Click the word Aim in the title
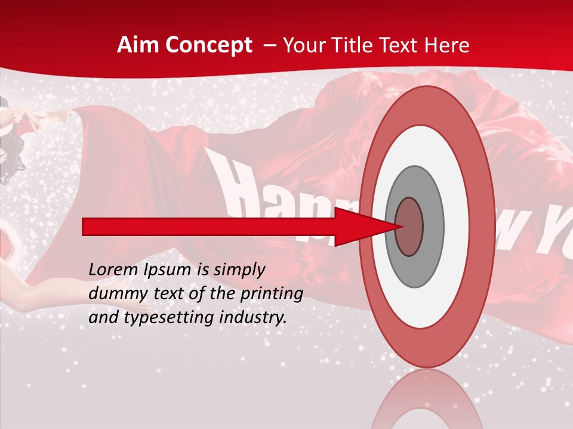coord(138,45)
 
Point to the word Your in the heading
coord(303,45)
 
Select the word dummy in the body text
coord(114,294)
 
